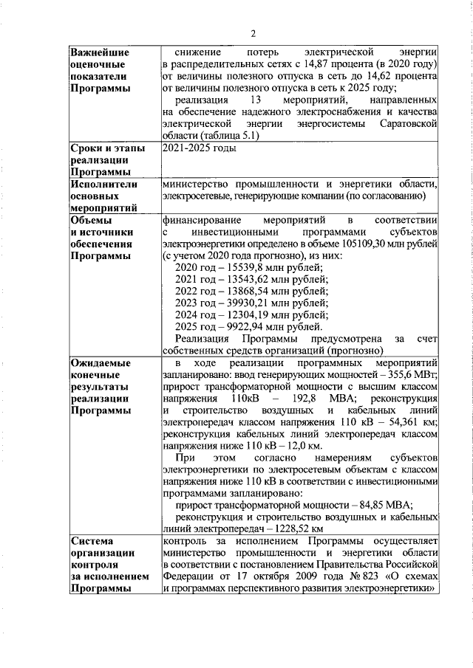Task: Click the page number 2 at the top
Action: [252, 33]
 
